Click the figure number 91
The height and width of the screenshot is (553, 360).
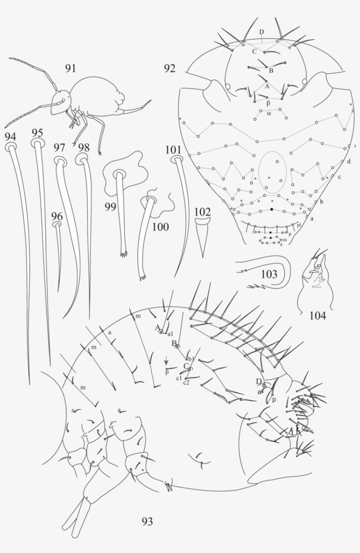click(71, 68)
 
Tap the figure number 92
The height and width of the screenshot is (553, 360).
click(170, 68)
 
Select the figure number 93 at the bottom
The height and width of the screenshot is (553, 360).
click(147, 521)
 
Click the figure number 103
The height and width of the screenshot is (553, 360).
click(269, 275)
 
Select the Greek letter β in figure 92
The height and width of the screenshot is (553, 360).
click(269, 102)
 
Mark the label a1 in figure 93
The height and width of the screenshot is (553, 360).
click(170, 334)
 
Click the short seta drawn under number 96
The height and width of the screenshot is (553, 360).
click(58, 255)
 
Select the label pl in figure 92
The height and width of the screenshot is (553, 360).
click(298, 225)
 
